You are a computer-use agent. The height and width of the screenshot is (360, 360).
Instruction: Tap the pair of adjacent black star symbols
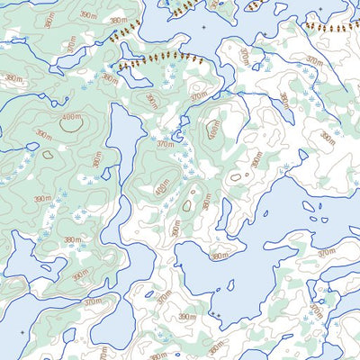click(216, 314)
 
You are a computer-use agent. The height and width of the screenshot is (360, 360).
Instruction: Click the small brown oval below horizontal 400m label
click(47, 154)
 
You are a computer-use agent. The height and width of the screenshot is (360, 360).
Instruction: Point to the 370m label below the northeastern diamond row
click(312, 61)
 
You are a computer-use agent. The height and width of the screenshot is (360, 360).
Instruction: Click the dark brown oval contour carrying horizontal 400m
click(69, 123)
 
